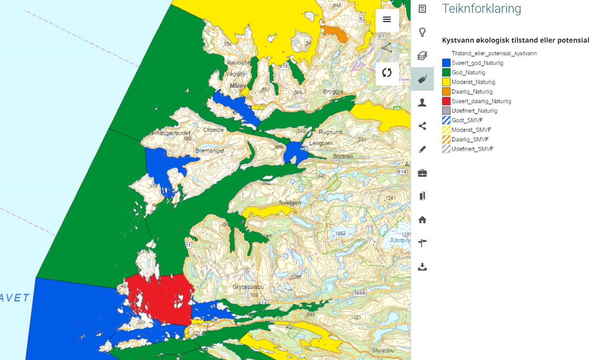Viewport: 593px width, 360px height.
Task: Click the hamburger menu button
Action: (x=387, y=20)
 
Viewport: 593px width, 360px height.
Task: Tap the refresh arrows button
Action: (x=387, y=73)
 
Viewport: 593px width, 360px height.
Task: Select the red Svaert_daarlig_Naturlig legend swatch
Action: (x=446, y=101)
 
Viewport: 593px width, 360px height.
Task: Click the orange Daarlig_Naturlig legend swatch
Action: (x=446, y=92)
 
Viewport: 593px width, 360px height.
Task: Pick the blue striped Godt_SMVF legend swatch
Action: (x=446, y=121)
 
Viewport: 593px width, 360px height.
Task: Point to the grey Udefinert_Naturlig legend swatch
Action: (x=446, y=111)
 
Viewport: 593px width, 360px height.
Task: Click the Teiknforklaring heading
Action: (x=481, y=9)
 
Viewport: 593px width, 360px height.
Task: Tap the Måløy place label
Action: (x=238, y=86)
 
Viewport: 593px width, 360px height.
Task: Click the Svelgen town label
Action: (x=290, y=203)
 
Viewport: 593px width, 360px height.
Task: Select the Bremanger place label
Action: (x=207, y=151)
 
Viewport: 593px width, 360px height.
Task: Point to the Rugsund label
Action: (x=331, y=132)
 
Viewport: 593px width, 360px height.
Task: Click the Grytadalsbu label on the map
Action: (x=248, y=287)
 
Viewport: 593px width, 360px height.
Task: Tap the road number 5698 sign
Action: (x=360, y=293)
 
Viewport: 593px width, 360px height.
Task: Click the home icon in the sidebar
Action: (x=422, y=220)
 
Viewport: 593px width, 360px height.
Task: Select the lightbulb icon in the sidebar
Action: (x=422, y=32)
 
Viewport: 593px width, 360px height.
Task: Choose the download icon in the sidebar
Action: (x=422, y=267)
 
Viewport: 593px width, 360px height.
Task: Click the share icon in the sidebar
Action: (x=422, y=126)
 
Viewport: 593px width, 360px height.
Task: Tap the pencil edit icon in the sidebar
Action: (x=422, y=149)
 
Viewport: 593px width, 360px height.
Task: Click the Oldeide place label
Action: (x=214, y=130)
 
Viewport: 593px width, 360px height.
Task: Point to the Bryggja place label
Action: (x=333, y=92)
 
